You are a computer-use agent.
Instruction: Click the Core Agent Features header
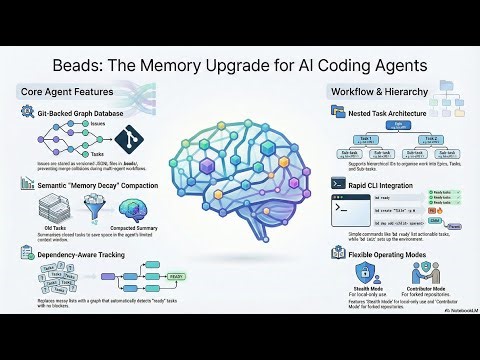pos(65,92)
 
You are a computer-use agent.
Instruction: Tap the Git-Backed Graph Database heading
pos(88,114)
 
